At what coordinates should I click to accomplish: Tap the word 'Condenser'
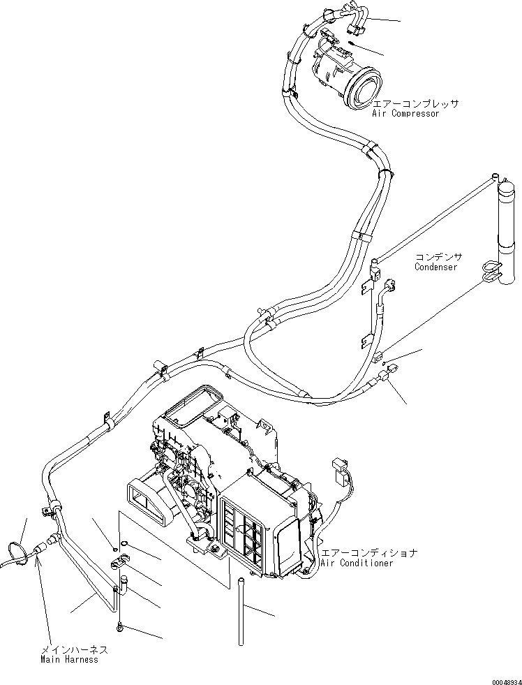tap(435, 267)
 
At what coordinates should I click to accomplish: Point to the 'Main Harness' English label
tap(69, 659)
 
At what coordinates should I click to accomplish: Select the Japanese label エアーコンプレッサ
tap(416, 103)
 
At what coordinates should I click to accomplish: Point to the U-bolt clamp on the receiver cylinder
tap(492, 269)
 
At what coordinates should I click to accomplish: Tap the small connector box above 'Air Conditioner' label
tap(341, 467)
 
